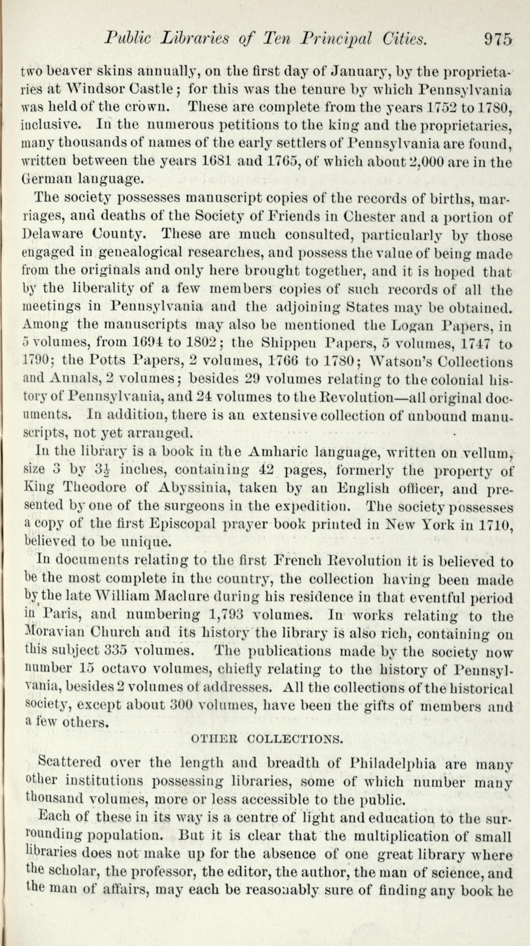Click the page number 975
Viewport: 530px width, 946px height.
[x=497, y=39]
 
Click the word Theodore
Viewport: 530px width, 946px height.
[x=95, y=487]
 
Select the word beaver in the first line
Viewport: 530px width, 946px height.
[x=68, y=71]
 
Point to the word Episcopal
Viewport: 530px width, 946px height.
[x=183, y=524]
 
